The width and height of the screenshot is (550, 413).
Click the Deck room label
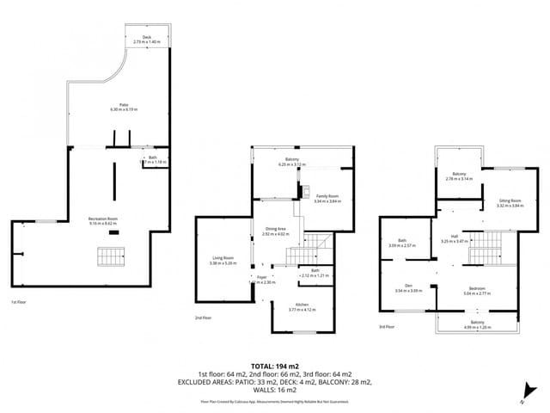tap(147, 37)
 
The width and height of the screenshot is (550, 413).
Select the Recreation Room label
tap(102, 220)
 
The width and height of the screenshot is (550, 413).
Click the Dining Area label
tap(276, 228)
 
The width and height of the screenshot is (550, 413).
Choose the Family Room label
tap(327, 196)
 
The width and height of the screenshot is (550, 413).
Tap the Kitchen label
tap(302, 305)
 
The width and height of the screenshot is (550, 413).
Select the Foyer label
tap(261, 277)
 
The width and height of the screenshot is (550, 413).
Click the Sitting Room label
tap(510, 200)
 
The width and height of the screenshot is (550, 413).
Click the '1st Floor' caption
tap(18, 302)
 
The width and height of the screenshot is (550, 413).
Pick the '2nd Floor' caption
tap(203, 318)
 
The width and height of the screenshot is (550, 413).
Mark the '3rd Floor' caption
tap(388, 326)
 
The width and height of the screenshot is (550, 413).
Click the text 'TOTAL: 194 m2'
tap(275, 367)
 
